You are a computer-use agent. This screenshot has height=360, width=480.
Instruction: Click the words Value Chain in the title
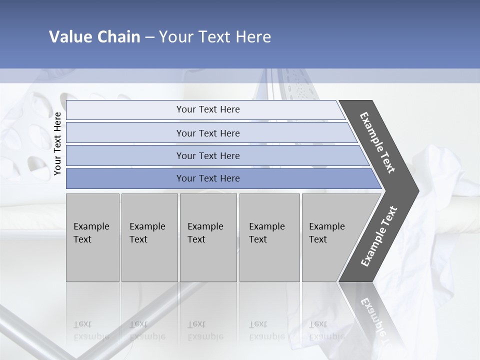coord(94,37)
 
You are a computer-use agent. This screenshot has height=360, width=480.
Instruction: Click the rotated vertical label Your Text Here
coord(57,143)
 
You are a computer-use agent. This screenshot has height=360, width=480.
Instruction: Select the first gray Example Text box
coord(92,237)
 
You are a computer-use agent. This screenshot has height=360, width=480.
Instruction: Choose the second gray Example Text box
coord(149,237)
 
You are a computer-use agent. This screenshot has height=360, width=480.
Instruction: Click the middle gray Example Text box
coord(208,237)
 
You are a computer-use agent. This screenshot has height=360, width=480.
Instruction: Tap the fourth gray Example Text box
coord(269,237)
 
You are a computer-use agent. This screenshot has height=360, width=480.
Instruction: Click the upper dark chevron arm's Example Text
coord(377,142)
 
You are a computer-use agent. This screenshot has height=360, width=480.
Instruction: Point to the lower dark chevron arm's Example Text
coord(378,236)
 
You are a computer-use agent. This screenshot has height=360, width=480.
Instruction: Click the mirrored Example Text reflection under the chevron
coord(372,320)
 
